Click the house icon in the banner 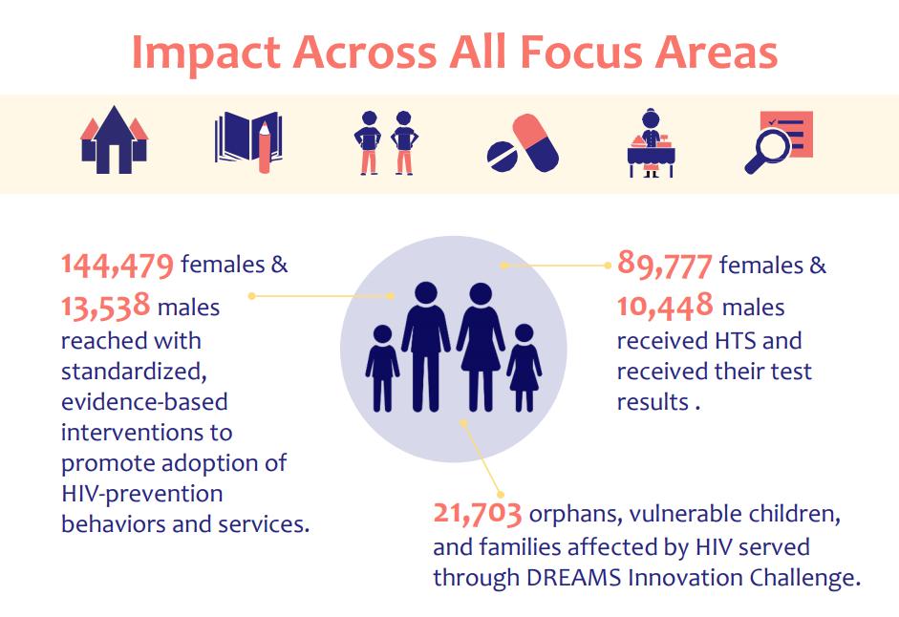click(x=114, y=141)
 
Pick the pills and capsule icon click(x=523, y=143)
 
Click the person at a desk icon click(x=653, y=143)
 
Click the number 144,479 click(x=118, y=265)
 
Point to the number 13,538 click(x=105, y=308)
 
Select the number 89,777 click(x=664, y=264)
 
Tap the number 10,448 click(x=665, y=307)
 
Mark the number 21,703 click(x=477, y=516)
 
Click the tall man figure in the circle click(x=425, y=345)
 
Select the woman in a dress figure click(x=481, y=345)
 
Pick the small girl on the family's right click(x=524, y=368)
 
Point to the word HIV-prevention click(x=141, y=494)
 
